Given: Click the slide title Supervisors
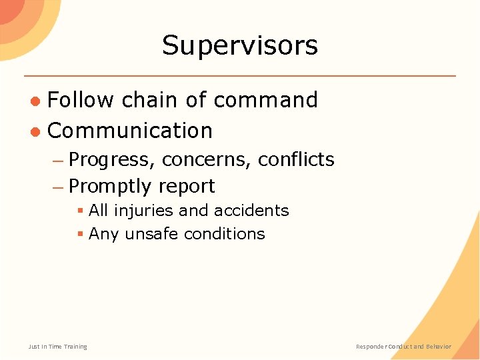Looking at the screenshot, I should (240, 45).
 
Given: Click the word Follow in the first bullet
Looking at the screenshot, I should (81, 100).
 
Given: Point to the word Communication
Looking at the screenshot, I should (130, 131).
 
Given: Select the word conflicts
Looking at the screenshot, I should (296, 159).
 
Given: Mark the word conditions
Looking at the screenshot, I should (225, 234).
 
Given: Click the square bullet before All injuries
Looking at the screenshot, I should (80, 211).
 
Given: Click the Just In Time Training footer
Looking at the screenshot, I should (57, 347).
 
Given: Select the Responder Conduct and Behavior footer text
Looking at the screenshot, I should (403, 347).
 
